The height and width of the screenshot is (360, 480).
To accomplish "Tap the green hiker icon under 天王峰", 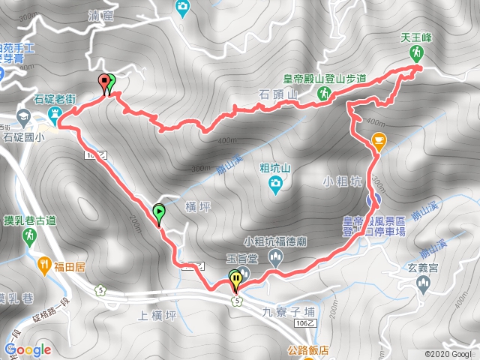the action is [415, 52].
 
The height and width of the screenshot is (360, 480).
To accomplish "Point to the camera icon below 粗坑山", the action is [276, 184].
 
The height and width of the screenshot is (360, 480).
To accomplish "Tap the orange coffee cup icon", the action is [378, 139].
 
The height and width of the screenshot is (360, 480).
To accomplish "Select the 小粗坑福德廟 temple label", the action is [274, 241].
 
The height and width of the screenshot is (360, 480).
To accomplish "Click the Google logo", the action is [27, 349].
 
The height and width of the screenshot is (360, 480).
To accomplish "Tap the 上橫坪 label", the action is [157, 315].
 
